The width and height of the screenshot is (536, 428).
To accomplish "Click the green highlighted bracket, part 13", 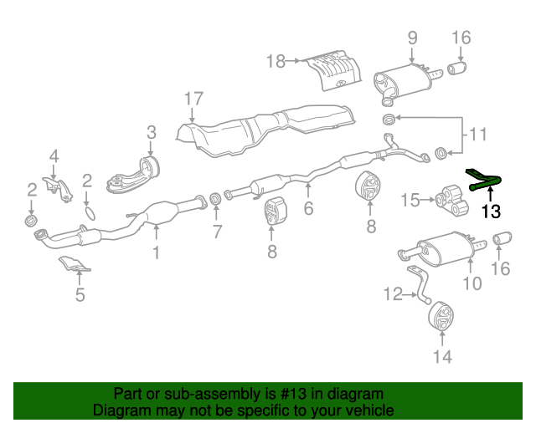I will pyautogui.click(x=483, y=179).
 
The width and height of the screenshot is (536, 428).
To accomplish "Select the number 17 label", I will pyautogui.click(x=193, y=99).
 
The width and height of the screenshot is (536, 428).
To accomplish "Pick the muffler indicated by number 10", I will pyautogui.click(x=444, y=250).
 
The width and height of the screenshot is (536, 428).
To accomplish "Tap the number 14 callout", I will pyautogui.click(x=442, y=357).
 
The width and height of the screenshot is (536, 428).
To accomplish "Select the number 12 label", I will pyautogui.click(x=393, y=293).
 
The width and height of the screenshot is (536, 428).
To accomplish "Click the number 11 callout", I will pyautogui.click(x=477, y=134).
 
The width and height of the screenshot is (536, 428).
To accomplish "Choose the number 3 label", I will pyautogui.click(x=152, y=131).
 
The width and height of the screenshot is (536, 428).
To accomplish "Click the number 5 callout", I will pyautogui.click(x=80, y=294).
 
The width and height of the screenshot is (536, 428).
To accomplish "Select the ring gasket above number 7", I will pyautogui.click(x=215, y=199).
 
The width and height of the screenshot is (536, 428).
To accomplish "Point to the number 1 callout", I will pyautogui.click(x=155, y=251).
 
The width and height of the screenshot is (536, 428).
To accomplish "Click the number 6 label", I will pyautogui.click(x=309, y=209).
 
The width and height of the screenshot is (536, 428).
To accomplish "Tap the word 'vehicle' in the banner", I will pyautogui.click(x=369, y=410).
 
